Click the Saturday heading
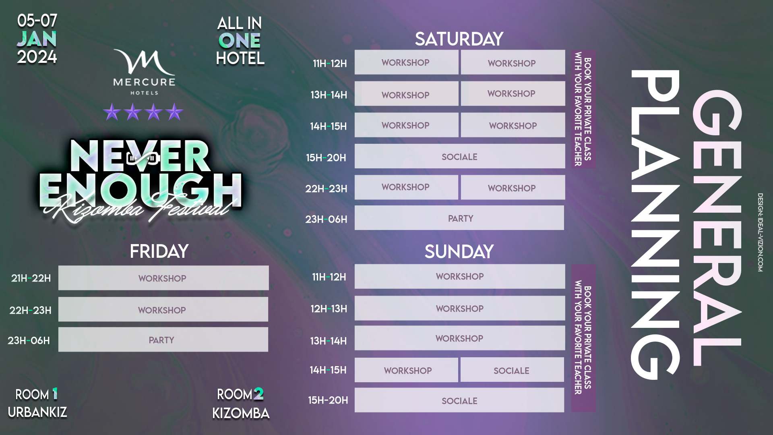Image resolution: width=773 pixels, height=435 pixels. tap(459, 39)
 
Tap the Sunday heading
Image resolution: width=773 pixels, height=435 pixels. tap(459, 252)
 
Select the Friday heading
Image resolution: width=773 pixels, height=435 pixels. tap(159, 251)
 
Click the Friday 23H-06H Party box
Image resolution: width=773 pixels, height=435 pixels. tap(163, 340)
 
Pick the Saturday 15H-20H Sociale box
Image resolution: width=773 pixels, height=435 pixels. tap(460, 156)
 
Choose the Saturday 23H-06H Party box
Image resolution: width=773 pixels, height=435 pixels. tap(459, 218)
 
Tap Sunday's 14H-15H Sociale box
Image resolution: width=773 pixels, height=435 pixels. tap(512, 370)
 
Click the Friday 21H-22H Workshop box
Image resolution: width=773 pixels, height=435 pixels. tap(163, 278)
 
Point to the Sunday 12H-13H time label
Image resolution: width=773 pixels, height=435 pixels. tap(329, 309)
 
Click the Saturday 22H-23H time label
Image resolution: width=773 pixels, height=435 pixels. tap(326, 188)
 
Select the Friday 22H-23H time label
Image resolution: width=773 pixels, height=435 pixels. tap(30, 310)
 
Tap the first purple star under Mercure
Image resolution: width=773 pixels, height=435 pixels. tap(112, 112)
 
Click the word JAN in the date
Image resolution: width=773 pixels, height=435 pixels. tap(37, 39)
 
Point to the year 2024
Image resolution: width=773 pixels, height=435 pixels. tap(37, 57)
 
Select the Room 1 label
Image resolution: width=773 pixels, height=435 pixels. tap(37, 394)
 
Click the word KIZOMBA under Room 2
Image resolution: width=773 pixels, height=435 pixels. tap(241, 413)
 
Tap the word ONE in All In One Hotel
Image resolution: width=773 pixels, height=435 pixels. tap(240, 41)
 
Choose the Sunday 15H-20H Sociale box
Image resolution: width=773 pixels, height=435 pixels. tap(459, 400)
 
